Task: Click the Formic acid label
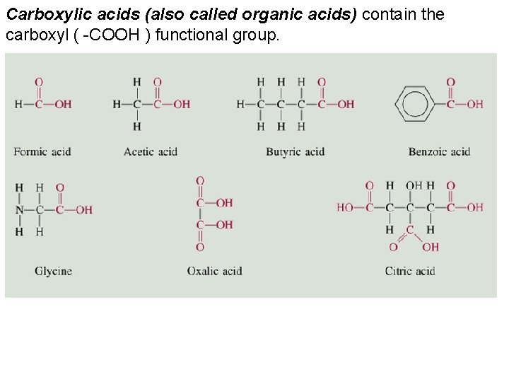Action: (x=42, y=151)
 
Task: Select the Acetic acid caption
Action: (x=150, y=151)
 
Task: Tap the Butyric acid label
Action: (x=295, y=151)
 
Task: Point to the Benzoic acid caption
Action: (x=439, y=151)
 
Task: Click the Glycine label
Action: (x=53, y=271)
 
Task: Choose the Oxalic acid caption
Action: (x=214, y=271)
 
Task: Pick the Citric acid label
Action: (x=410, y=271)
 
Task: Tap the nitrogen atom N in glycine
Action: (x=19, y=210)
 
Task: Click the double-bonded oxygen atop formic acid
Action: (x=39, y=82)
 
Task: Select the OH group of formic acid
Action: (x=63, y=104)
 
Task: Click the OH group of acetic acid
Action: (x=182, y=104)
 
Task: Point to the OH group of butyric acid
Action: (x=346, y=104)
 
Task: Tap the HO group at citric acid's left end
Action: (x=346, y=208)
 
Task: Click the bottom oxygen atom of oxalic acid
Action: (x=200, y=248)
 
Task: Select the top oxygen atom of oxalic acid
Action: (x=200, y=181)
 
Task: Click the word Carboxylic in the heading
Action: (x=36, y=14)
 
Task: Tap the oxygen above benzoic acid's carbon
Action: (x=450, y=82)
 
